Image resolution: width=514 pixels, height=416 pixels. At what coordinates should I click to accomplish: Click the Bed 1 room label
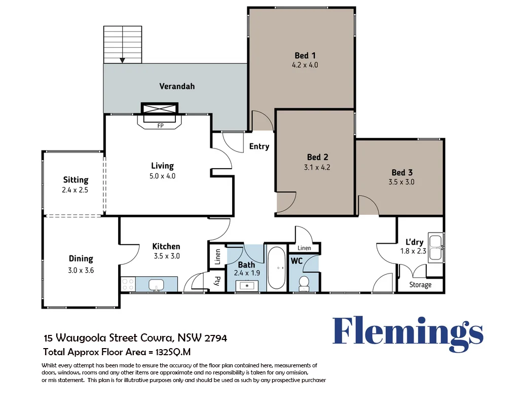[305, 55]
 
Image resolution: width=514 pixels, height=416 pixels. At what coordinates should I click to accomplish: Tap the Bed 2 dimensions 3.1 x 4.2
[318, 167]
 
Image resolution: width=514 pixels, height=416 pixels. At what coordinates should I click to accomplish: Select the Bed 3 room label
[402, 172]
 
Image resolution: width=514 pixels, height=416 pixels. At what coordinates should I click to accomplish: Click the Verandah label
[177, 86]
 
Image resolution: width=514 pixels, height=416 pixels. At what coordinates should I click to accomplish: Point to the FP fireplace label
[160, 125]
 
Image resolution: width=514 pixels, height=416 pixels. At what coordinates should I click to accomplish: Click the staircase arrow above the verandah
[122, 60]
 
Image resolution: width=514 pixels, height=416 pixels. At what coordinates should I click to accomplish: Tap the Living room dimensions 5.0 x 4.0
[162, 176]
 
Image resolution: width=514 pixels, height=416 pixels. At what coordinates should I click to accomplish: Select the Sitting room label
[76, 179]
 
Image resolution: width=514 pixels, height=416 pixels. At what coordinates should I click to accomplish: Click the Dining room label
[81, 258]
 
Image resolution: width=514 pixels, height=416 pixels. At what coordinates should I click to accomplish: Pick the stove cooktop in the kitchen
[128, 284]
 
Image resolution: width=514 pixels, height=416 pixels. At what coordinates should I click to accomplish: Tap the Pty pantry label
[217, 281]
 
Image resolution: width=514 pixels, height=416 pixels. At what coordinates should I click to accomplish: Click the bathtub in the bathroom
[276, 268]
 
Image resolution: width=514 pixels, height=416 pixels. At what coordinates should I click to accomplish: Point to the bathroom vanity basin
[247, 286]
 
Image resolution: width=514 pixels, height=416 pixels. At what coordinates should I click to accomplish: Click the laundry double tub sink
[435, 247]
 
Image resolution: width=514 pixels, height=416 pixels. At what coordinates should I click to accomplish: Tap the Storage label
[420, 285]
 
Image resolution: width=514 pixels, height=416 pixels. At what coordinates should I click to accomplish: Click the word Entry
[259, 146]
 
